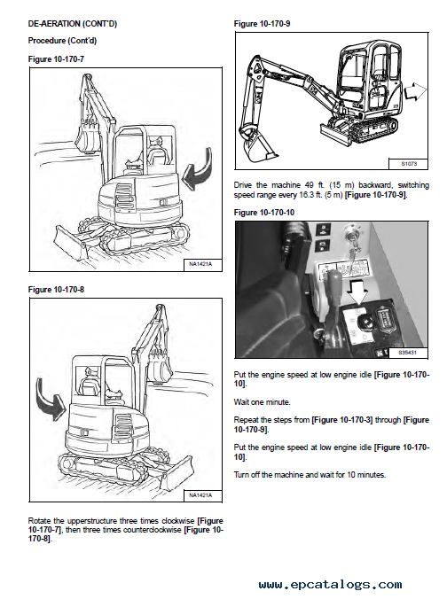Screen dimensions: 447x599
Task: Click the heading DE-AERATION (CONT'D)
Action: (73, 24)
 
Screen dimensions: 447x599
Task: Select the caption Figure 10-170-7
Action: (56, 59)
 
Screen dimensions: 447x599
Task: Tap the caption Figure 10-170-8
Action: (56, 290)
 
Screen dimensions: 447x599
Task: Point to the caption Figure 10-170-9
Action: (262, 24)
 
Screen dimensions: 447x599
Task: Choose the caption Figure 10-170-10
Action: (264, 213)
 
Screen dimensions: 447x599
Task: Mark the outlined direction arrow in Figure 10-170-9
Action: (415, 92)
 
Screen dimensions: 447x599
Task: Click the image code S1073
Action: (409, 164)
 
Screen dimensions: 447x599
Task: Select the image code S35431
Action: (408, 353)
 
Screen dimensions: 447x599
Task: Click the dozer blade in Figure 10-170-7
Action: (71, 241)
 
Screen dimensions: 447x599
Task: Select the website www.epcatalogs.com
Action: (331, 585)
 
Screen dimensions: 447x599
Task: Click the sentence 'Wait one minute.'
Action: (262, 402)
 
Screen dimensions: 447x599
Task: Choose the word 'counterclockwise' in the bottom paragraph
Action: (152, 530)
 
